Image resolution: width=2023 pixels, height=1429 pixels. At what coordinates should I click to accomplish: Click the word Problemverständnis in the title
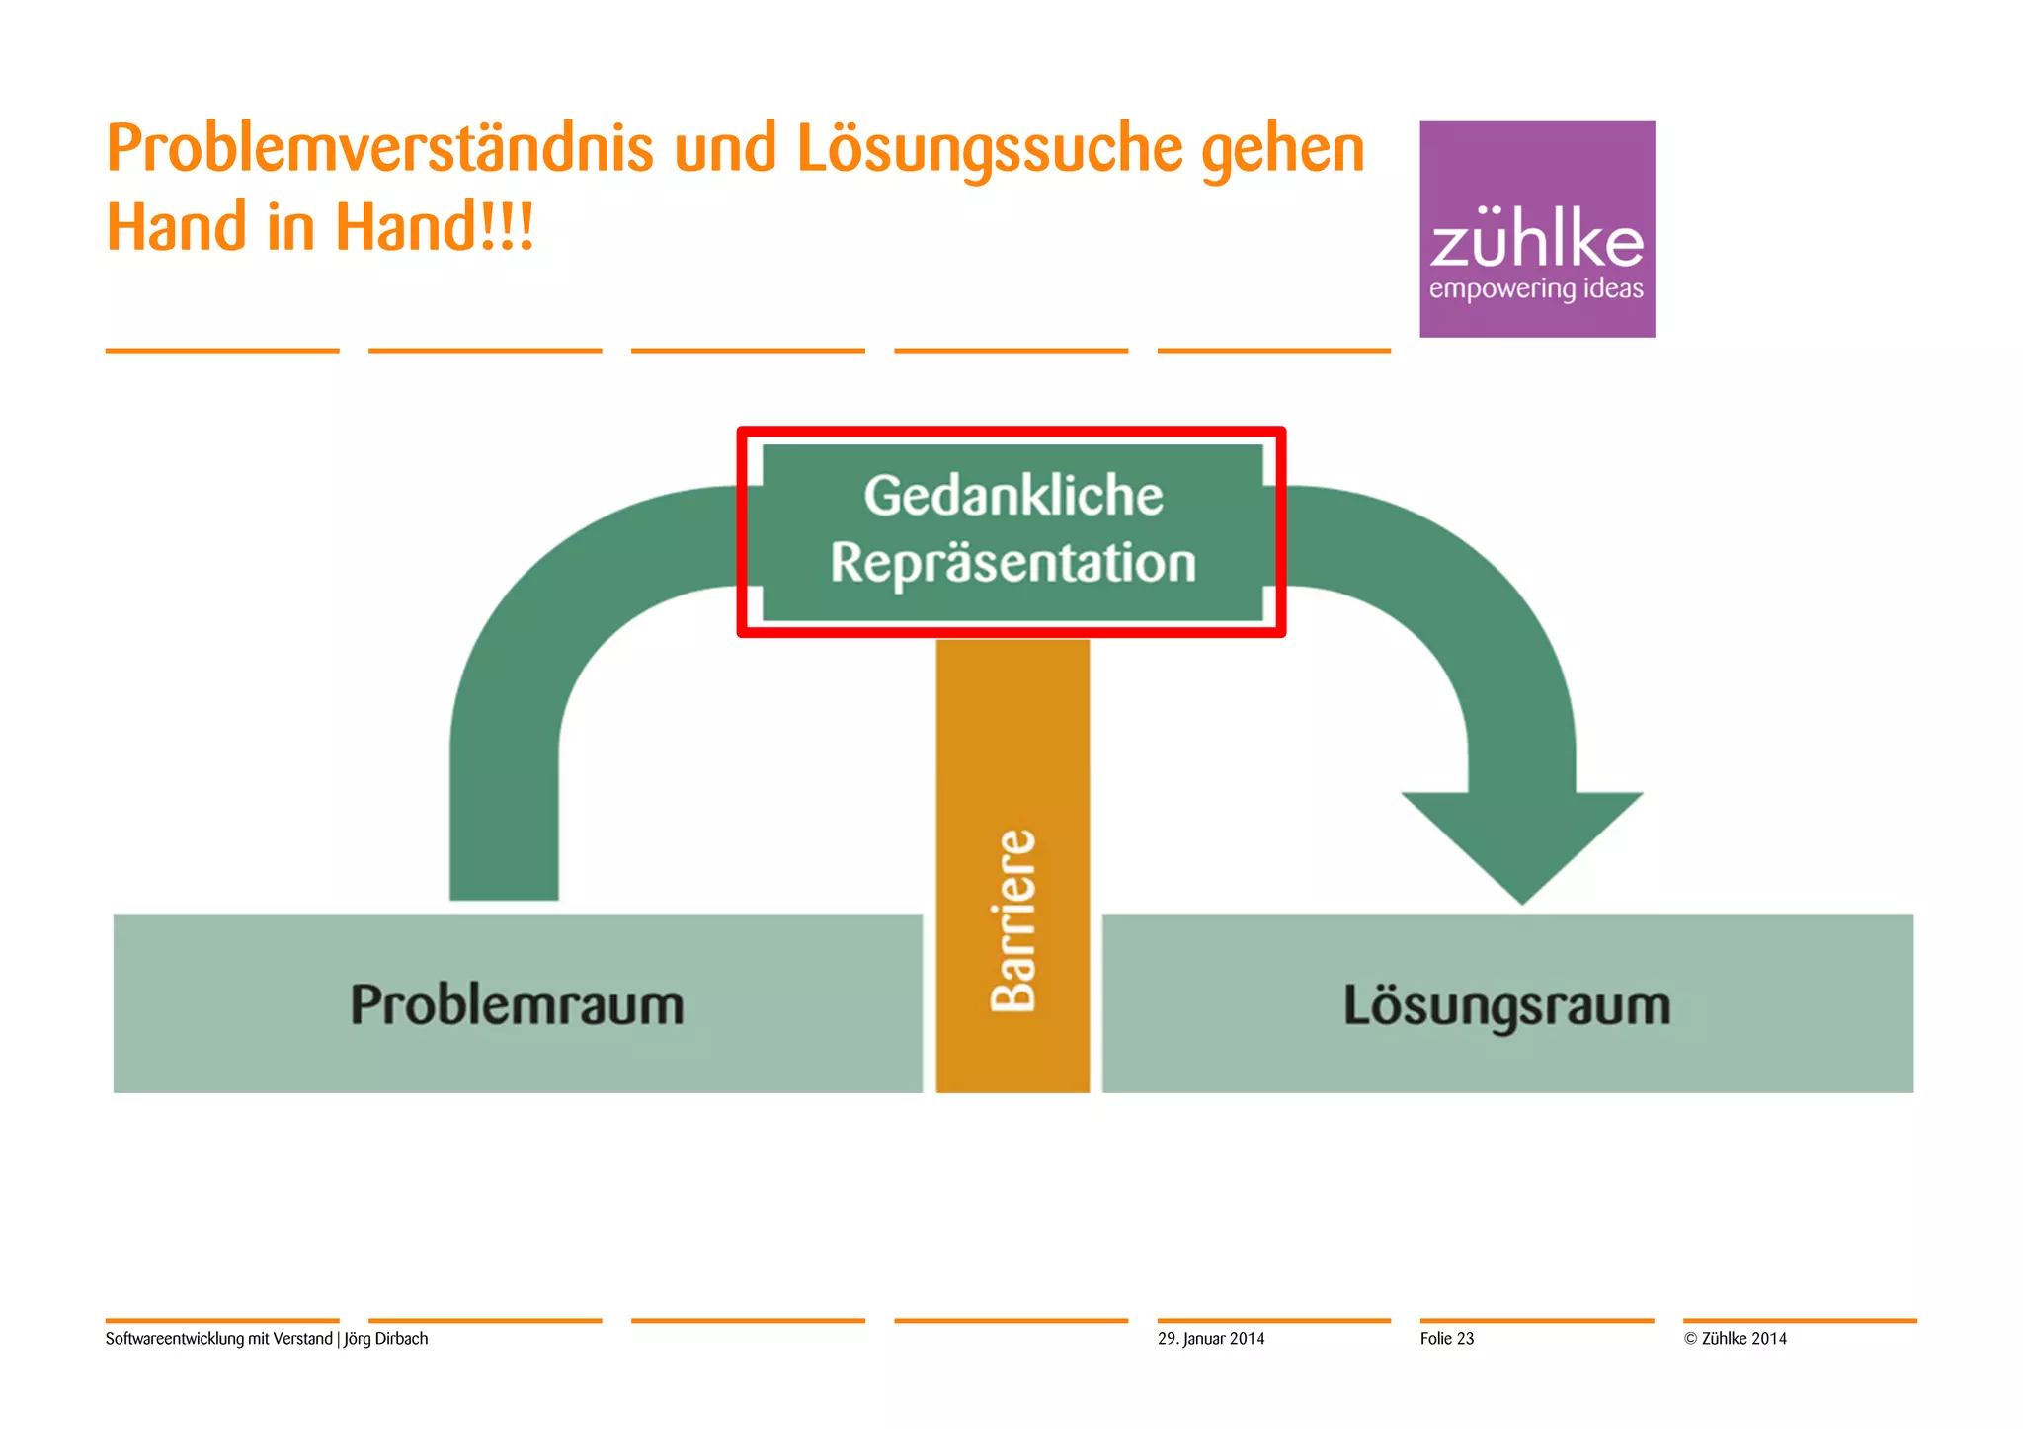379,150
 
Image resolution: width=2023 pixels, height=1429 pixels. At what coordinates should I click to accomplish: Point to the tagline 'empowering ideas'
1536,289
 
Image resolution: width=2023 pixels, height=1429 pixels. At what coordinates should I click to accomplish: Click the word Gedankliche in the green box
1012,496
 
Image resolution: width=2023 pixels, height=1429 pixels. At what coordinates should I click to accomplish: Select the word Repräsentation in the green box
1012,563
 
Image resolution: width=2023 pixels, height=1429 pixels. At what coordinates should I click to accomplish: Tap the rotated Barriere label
1013,920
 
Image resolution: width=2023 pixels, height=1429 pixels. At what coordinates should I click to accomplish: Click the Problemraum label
517,1004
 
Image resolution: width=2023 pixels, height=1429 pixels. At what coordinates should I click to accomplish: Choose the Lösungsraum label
1506,1004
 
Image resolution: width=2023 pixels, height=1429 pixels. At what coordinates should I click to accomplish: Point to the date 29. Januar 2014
1211,1339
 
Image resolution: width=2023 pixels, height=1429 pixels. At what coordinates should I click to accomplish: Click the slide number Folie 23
1446,1339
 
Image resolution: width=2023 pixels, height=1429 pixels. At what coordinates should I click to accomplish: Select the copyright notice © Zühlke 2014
1736,1339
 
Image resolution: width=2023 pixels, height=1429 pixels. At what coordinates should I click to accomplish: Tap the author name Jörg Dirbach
386,1339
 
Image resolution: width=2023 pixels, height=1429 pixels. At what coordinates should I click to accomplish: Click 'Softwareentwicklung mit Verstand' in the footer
218,1339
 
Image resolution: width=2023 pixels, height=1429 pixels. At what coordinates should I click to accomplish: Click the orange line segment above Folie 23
1536,1320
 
